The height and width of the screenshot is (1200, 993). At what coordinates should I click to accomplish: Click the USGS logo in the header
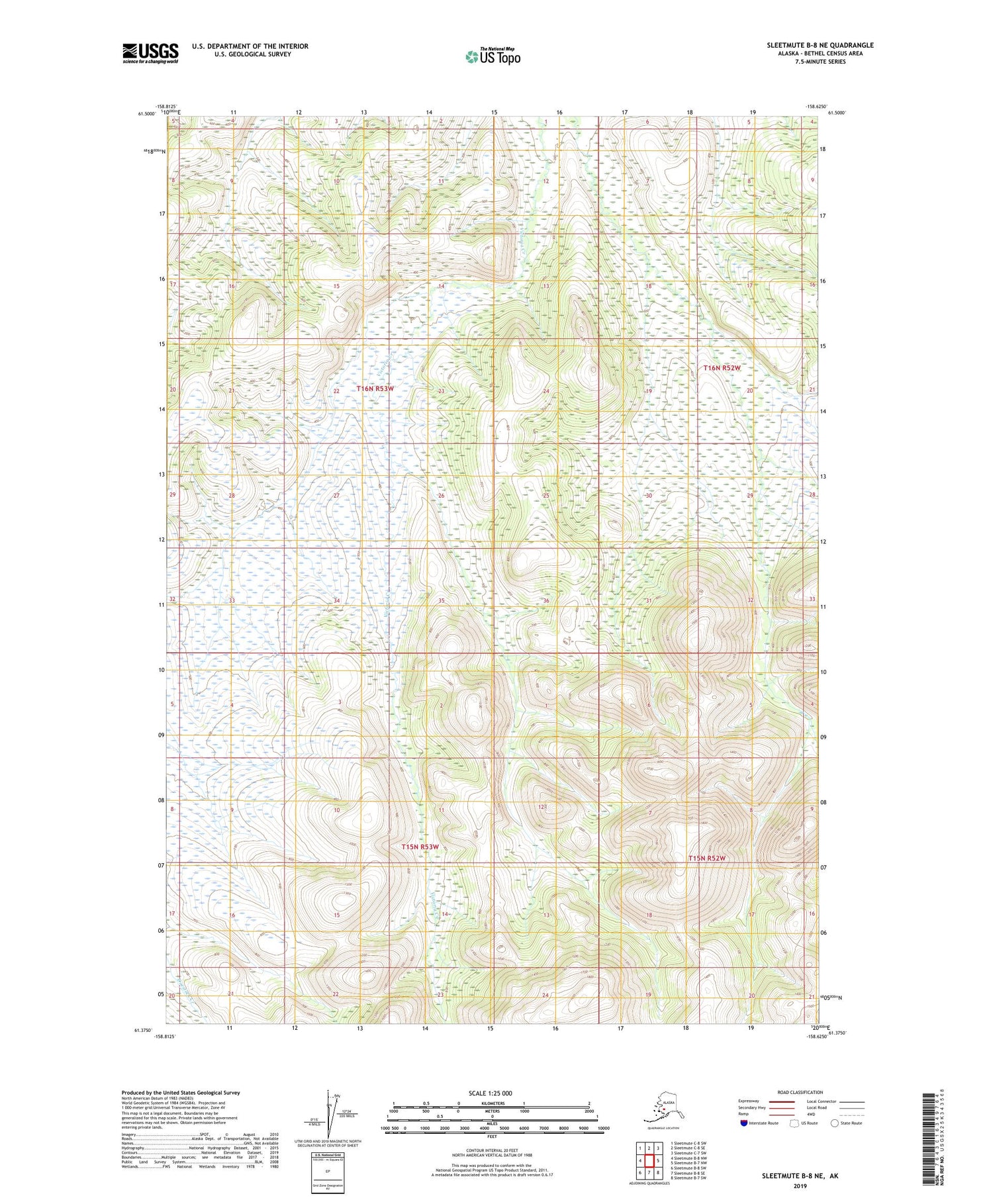tap(150, 53)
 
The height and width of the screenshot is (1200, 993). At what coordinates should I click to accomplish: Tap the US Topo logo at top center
tap(493, 56)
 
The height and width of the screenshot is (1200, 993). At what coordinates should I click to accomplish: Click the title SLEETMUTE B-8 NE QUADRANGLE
tap(820, 45)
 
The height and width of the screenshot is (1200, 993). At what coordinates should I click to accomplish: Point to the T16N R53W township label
tap(375, 389)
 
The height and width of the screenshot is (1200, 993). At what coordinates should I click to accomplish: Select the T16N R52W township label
tap(722, 367)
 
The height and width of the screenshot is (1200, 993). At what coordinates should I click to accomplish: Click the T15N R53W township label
tap(420, 847)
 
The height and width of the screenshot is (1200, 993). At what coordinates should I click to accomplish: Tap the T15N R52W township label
tap(707, 858)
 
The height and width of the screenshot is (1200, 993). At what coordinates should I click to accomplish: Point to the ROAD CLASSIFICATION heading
tap(800, 1092)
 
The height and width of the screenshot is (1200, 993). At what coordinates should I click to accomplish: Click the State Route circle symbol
tap(835, 1123)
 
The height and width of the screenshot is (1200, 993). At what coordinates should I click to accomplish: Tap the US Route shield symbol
tap(794, 1123)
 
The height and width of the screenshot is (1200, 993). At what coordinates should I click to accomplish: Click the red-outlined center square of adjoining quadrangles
tap(649, 1160)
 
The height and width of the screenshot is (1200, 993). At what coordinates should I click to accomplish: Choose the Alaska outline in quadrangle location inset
tap(662, 1109)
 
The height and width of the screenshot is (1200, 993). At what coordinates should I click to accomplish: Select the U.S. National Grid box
tap(328, 1172)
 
